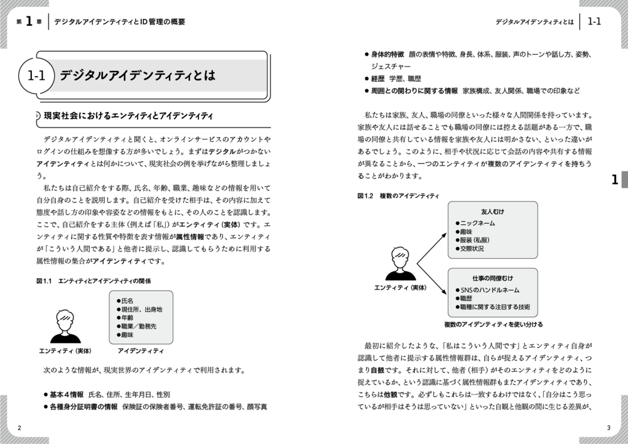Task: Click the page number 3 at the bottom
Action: (608, 428)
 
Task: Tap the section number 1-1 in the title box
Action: (37, 77)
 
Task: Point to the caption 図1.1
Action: (47, 281)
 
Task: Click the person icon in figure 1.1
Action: (65, 327)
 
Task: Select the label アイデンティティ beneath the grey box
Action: (141, 350)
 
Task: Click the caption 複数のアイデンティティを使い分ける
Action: (492, 325)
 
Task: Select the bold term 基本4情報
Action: (67, 395)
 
